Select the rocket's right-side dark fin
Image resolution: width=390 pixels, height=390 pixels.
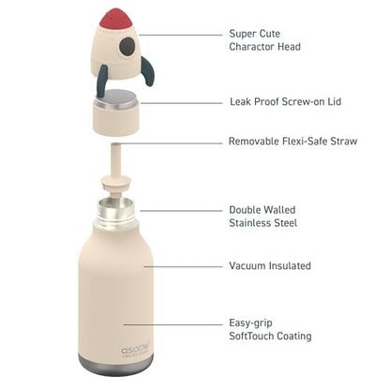tap(146, 69)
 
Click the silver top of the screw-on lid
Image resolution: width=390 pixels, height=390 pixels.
tap(118, 97)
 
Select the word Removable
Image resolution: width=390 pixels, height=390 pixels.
tap(255, 142)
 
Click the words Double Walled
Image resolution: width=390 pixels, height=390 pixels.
tap(263, 211)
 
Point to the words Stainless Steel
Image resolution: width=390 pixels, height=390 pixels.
tap(262, 224)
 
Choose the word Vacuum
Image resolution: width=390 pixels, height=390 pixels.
tap(247, 266)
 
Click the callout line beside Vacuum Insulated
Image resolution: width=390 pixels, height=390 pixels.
tap(183, 266)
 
